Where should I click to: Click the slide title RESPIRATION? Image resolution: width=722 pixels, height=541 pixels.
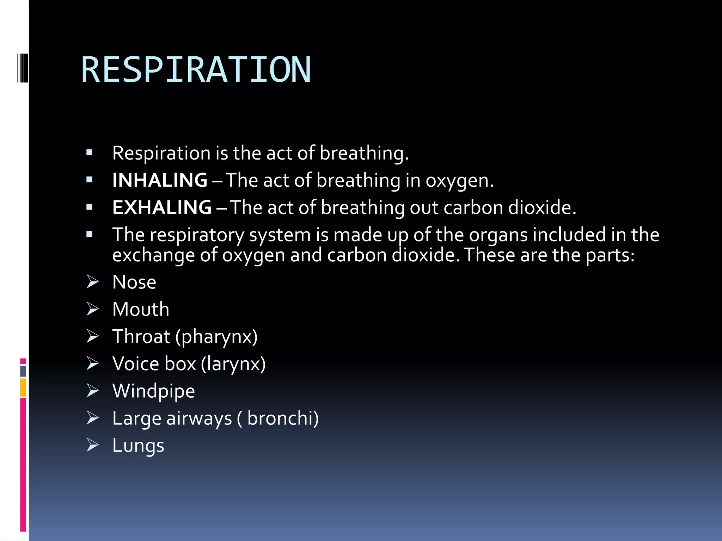(x=196, y=70)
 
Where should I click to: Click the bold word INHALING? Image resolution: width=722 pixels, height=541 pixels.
(x=160, y=180)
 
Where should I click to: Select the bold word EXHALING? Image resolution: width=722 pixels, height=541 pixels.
(x=162, y=207)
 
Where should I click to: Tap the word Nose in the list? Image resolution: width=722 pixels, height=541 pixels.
(x=134, y=282)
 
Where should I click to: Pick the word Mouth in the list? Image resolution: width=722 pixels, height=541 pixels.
(x=141, y=309)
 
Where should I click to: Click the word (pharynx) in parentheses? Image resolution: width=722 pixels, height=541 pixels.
(x=216, y=337)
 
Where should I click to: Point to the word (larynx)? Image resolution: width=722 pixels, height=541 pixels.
(x=233, y=364)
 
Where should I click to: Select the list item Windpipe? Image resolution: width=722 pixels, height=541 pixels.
(x=153, y=391)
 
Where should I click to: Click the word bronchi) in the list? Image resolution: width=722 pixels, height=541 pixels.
(x=283, y=418)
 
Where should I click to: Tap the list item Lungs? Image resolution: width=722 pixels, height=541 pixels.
(x=138, y=445)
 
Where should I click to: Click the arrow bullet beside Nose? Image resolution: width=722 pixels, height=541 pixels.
(x=93, y=282)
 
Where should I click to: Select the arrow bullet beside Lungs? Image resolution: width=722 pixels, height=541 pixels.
(x=93, y=445)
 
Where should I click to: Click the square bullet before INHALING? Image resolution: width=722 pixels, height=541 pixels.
(x=90, y=180)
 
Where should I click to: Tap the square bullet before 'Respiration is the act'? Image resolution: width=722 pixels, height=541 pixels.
(x=90, y=153)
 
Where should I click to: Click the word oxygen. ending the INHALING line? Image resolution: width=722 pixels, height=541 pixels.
(x=459, y=180)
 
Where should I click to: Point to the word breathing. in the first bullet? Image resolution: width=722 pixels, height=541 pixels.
(x=364, y=153)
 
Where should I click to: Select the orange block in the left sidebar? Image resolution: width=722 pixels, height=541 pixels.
(x=23, y=387)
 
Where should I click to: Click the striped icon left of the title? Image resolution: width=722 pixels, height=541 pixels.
(x=22, y=68)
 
